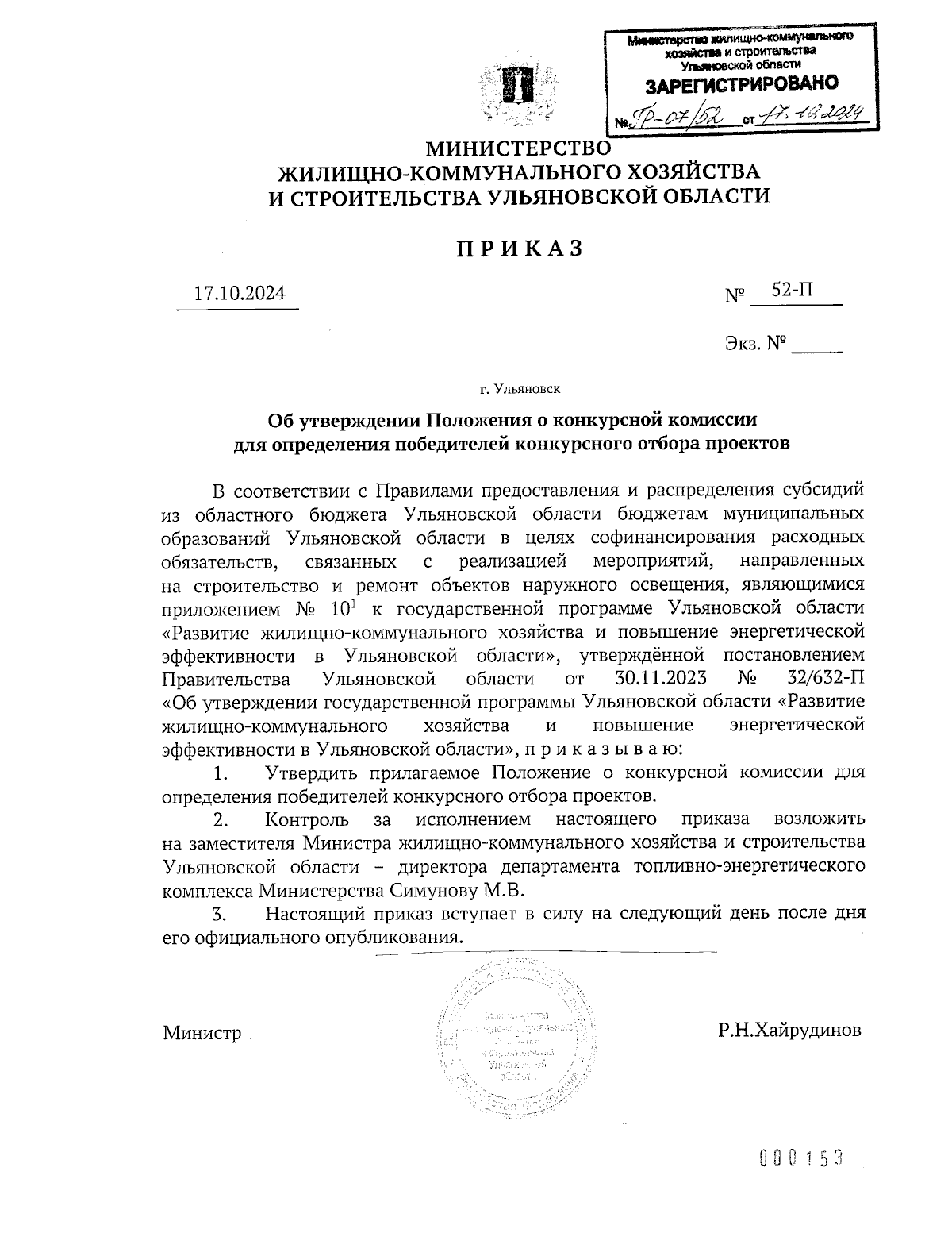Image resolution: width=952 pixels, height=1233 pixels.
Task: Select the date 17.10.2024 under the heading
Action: [239, 293]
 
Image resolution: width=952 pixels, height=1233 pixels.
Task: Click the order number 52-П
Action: [793, 291]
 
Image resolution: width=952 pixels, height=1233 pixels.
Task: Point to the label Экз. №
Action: [754, 344]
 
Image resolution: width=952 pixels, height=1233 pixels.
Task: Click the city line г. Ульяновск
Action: [520, 389]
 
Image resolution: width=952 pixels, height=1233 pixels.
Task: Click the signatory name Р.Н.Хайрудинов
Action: [789, 1031]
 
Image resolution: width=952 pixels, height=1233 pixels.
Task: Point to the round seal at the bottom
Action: [515, 1041]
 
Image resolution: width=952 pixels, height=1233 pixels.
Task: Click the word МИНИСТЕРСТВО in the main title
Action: [520, 148]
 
